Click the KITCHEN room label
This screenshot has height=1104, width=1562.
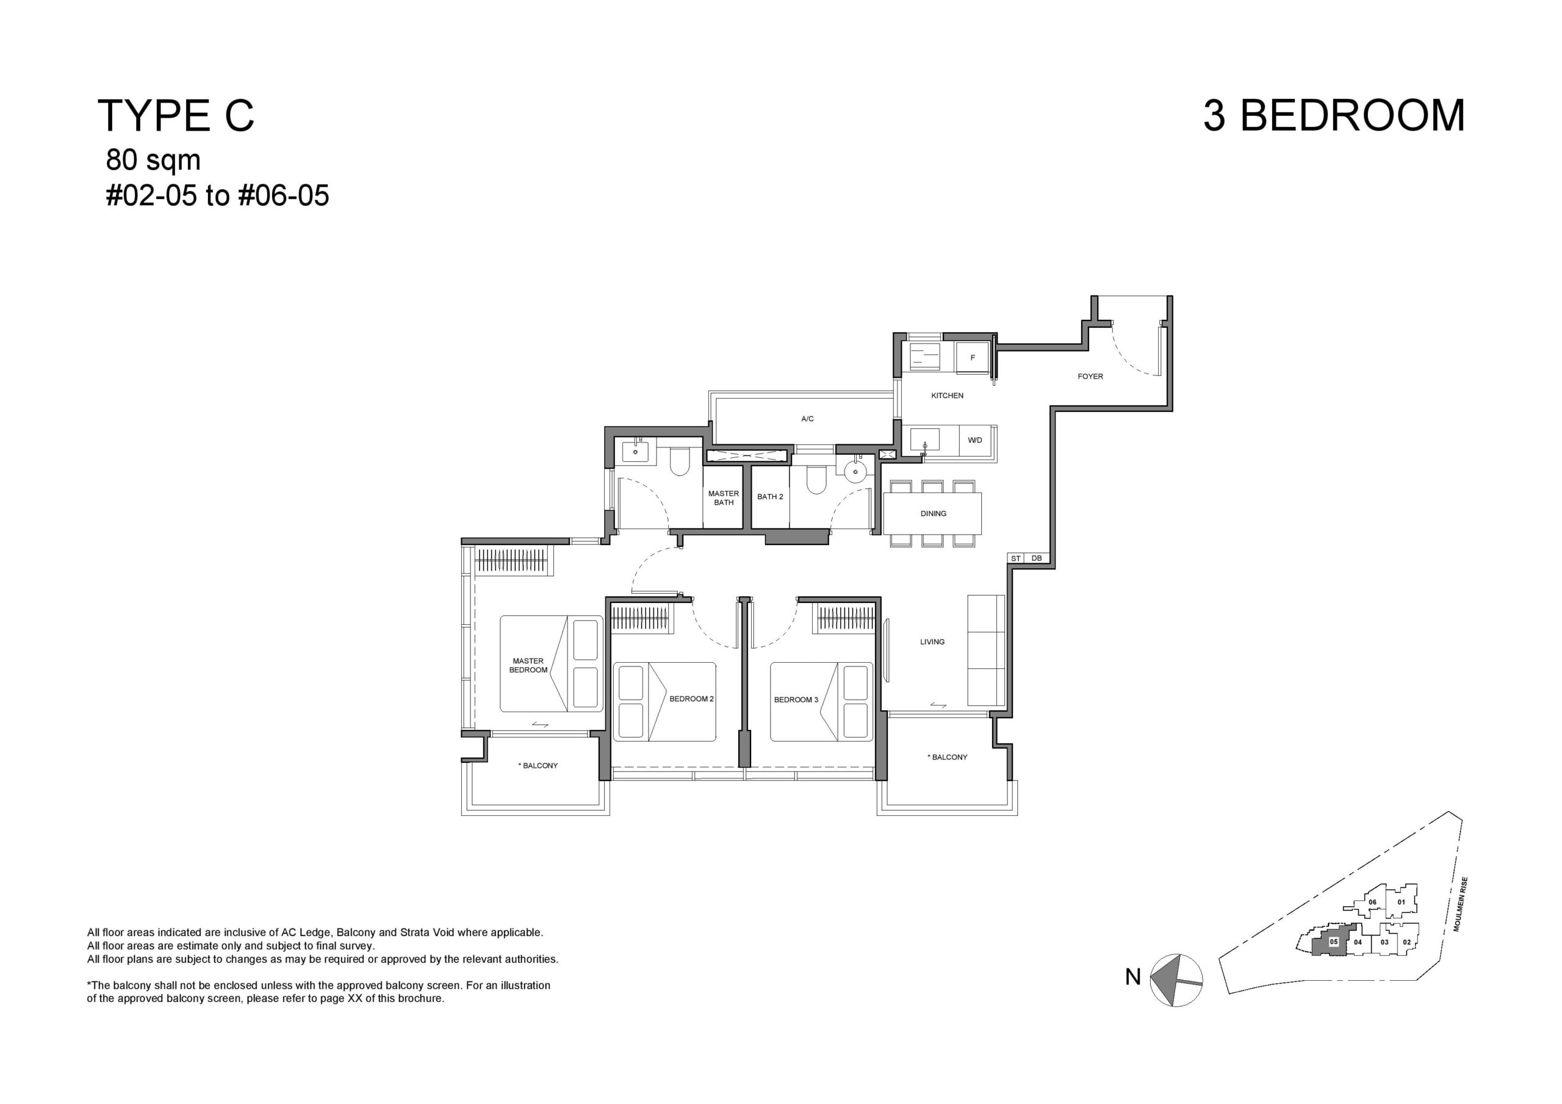coord(947,395)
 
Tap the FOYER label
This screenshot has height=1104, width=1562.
coord(1090,377)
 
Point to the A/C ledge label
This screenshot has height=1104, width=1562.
coord(807,419)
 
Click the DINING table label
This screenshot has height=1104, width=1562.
coord(934,514)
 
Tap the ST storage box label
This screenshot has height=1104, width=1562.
coord(1016,558)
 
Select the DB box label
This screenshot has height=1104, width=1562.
coord(1037,558)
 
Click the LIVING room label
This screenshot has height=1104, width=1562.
coord(932,642)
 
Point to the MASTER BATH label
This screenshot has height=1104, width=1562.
coord(723,498)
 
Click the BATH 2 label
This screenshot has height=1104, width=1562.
coord(770,497)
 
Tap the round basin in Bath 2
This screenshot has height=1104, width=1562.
coord(854,471)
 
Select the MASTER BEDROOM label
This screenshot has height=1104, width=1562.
coord(528,666)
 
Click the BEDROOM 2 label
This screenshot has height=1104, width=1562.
coord(691,699)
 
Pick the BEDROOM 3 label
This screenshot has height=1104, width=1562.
coord(796,700)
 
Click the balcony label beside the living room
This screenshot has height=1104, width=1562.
coord(947,757)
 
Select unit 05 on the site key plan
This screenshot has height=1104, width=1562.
coord(1333,943)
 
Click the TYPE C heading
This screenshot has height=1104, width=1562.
coord(176,116)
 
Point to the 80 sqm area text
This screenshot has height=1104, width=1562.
coord(153,161)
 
